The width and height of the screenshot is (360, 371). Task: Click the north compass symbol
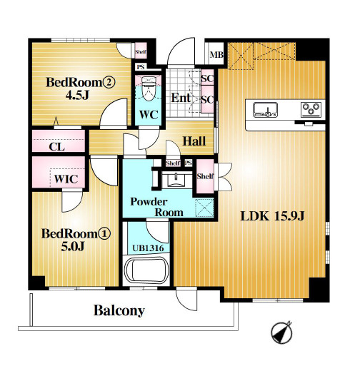click(x=281, y=332)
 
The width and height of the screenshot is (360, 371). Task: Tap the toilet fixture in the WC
click(x=149, y=88)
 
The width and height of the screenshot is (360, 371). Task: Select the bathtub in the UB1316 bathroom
click(x=147, y=270)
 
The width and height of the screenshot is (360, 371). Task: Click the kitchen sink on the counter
click(x=266, y=110)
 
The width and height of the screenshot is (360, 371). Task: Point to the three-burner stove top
click(x=311, y=110)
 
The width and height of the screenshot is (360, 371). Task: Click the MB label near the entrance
click(x=216, y=55)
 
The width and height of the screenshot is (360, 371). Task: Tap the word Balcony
click(x=119, y=310)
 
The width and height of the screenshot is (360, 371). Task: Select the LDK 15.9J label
click(x=272, y=216)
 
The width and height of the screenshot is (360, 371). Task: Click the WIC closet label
click(x=66, y=179)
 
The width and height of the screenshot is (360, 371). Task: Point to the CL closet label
click(x=56, y=147)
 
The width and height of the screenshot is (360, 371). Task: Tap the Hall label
click(x=194, y=141)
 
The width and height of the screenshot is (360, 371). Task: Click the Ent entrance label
click(x=181, y=98)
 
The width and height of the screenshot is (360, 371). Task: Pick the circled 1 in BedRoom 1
click(x=104, y=234)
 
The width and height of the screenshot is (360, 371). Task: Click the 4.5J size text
click(x=77, y=95)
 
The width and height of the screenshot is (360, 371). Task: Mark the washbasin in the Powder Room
click(x=176, y=180)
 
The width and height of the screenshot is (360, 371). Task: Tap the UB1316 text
click(x=148, y=248)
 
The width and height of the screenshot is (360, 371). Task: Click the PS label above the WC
click(x=141, y=67)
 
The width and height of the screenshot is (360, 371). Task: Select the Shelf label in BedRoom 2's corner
click(x=141, y=52)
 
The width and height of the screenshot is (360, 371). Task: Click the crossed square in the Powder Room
click(x=204, y=208)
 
